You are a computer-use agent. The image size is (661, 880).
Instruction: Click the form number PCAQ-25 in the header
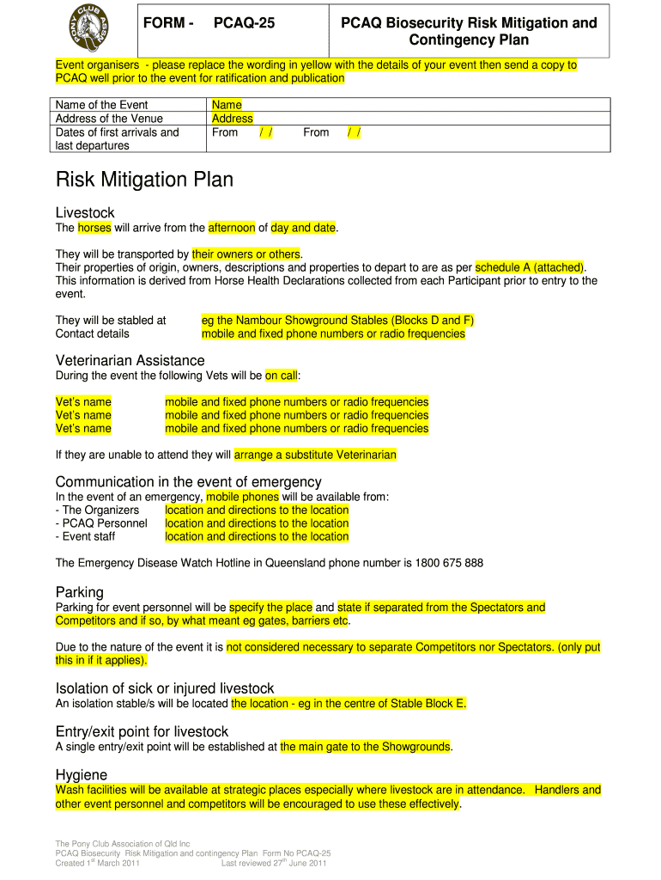pos(244,23)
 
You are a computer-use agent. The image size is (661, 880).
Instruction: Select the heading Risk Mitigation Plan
pos(144,180)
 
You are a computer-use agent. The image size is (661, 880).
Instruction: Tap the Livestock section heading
pos(85,212)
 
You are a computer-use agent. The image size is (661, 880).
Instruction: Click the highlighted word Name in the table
pos(227,105)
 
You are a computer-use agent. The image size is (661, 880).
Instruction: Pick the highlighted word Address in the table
pos(232,119)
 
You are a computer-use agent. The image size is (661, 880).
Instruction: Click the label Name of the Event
pos(101,105)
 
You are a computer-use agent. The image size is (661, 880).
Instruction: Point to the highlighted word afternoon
pos(232,228)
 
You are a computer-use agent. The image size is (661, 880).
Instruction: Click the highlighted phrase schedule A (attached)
pos(530,267)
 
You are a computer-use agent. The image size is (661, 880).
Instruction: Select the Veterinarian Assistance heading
pos(130,360)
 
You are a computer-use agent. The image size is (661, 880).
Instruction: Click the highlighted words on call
pos(281,376)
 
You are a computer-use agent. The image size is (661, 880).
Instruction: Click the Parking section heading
pos(79,592)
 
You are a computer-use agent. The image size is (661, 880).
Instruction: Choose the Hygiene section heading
pos(81,774)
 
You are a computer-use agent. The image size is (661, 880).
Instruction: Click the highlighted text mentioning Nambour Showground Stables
pos(337,321)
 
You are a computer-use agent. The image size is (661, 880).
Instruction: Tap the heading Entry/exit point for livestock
pos(142,731)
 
